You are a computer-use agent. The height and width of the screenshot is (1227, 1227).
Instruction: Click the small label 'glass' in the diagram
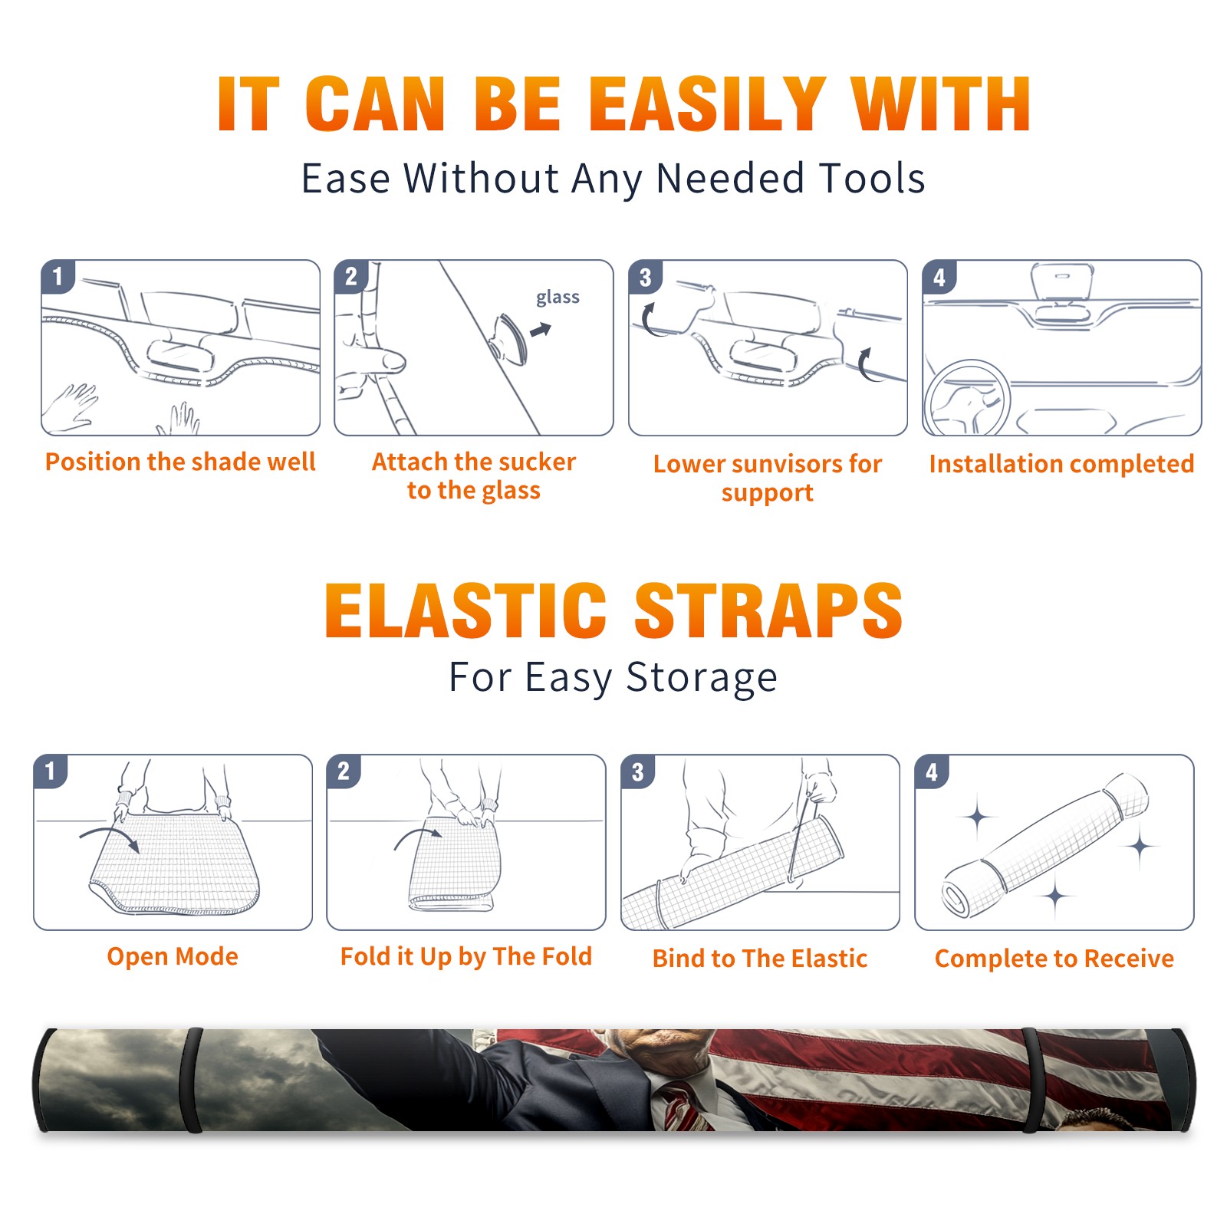[x=558, y=298]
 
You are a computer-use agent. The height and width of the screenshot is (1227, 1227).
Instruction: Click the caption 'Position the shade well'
[x=180, y=462]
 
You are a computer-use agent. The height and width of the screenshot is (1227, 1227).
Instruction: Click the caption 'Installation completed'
[x=1061, y=463]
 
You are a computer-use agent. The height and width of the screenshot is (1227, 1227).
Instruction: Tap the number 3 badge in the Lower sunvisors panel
[x=645, y=278]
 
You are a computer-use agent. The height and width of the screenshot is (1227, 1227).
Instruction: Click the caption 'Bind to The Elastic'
[x=759, y=959]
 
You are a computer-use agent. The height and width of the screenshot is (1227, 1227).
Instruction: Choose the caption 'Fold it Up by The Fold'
[x=466, y=956]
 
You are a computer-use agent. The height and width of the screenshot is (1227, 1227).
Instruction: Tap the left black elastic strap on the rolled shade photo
[x=191, y=1080]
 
